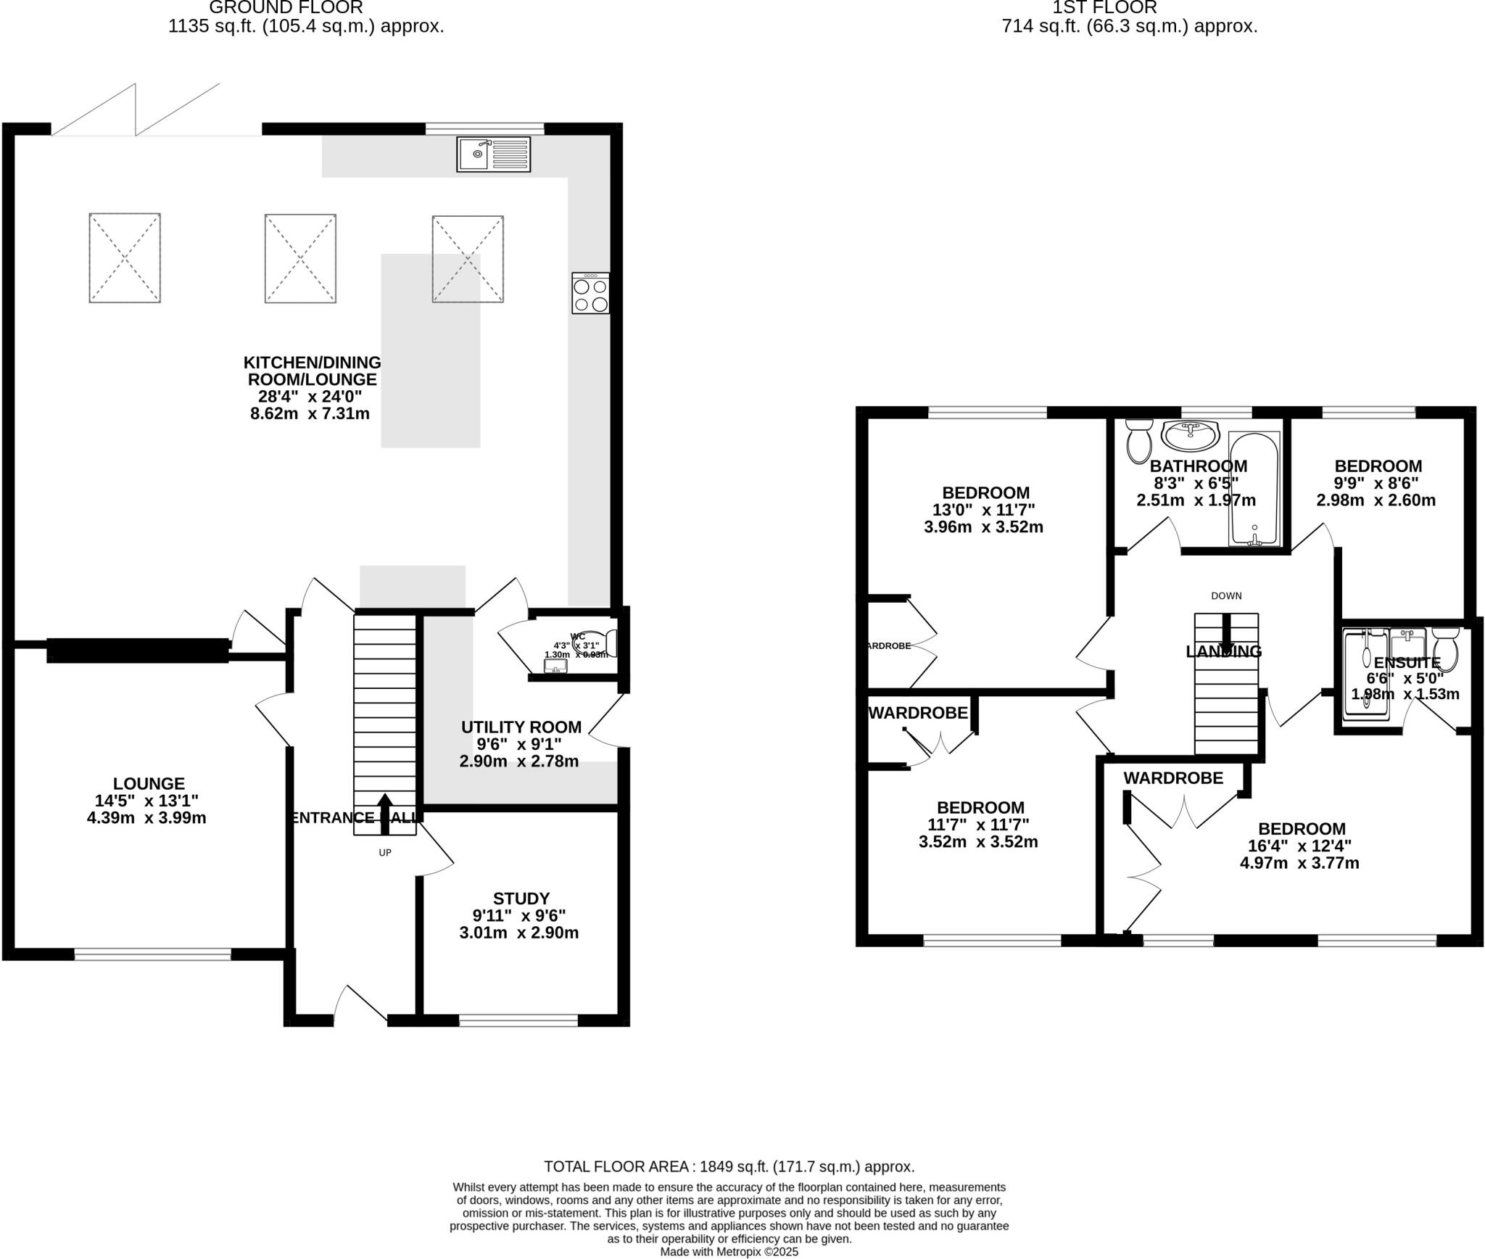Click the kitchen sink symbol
[493, 154]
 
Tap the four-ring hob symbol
[590, 293]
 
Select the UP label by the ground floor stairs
[385, 853]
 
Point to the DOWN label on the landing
[1226, 596]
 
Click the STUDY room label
[521, 899]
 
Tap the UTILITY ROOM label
[521, 727]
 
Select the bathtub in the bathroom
[1254, 489]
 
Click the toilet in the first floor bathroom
[1139, 440]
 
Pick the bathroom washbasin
[1190, 436]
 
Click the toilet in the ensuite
[1446, 648]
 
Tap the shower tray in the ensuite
[1366, 674]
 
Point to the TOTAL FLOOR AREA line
[729, 1167]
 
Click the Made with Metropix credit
[729, 1252]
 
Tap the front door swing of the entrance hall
[360, 1005]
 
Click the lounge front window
[152, 954]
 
